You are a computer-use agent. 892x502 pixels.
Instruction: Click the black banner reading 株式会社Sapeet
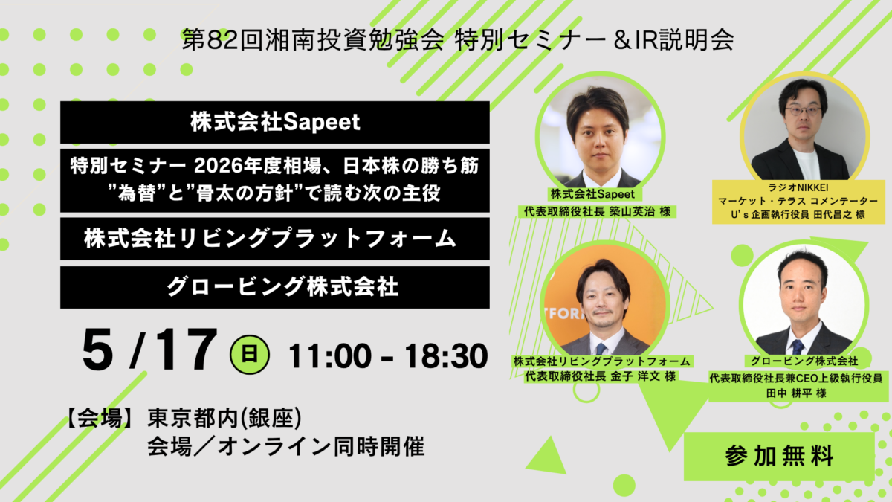[275, 122]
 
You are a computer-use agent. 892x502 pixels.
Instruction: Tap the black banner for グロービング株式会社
[275, 287]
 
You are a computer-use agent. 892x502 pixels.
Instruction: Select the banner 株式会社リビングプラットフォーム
[275, 239]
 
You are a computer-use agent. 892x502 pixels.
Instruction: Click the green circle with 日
[250, 354]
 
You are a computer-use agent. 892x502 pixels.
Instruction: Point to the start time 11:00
[330, 356]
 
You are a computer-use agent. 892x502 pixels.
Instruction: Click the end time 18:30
[446, 356]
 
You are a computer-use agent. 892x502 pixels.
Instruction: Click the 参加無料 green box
[779, 456]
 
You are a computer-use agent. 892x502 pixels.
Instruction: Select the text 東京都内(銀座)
[224, 418]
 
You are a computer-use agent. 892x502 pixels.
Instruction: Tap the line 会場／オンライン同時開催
[286, 446]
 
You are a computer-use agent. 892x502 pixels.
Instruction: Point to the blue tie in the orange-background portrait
[601, 349]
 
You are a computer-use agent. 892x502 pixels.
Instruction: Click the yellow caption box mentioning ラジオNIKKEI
[798, 202]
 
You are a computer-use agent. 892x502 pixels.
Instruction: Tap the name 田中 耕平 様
[796, 393]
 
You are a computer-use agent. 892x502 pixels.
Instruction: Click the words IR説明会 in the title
[685, 40]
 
